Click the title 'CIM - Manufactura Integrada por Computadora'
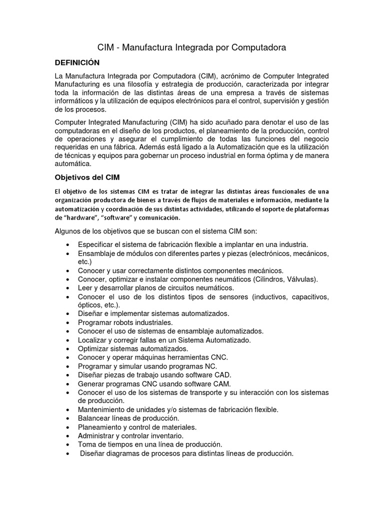coord(191,48)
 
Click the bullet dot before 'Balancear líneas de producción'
coord(68,418)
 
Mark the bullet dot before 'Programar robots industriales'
coord(68,323)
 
